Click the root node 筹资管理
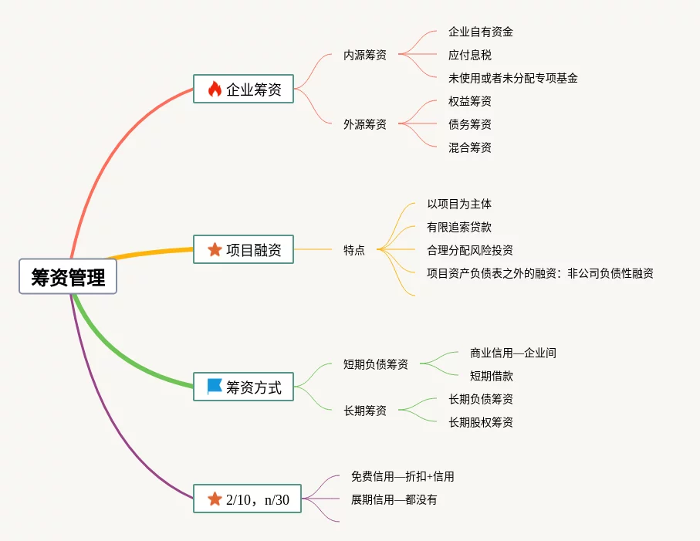[68, 277]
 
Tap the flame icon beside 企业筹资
[215, 90]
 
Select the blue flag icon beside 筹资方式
[215, 387]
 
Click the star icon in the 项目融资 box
[215, 249]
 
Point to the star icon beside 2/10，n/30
[215, 499]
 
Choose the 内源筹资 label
[365, 55]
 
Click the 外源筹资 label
[365, 124]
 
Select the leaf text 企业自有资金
[481, 32]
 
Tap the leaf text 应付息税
[470, 55]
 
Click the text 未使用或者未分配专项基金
[513, 78]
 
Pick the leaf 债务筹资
[470, 124]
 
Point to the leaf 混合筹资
[470, 147]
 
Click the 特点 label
[354, 250]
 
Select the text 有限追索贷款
[459, 227]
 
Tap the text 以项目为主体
[459, 204]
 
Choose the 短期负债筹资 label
[376, 364]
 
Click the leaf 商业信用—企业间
[513, 353]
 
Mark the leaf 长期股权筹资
[481, 422]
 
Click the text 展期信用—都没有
[394, 499]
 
